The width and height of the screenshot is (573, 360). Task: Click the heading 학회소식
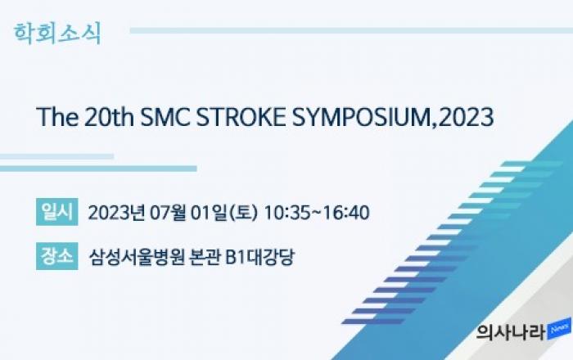click(x=57, y=34)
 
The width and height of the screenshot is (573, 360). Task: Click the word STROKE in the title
click(x=241, y=117)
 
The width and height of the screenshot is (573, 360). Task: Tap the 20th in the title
click(x=109, y=117)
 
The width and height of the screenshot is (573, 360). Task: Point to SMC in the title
click(x=165, y=117)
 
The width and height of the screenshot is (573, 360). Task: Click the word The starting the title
click(x=57, y=117)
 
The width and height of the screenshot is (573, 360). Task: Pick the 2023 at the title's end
click(x=466, y=117)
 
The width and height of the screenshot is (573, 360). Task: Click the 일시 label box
click(x=57, y=212)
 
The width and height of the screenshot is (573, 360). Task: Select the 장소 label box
click(x=57, y=256)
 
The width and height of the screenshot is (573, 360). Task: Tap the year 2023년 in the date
click(x=116, y=213)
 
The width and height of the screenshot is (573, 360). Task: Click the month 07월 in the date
click(x=168, y=213)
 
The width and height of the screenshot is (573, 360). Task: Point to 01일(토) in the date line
click(x=224, y=213)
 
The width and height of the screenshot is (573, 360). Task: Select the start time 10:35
click(x=286, y=213)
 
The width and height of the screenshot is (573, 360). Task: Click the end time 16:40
click(x=346, y=213)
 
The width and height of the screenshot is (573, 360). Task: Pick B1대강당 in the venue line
click(x=259, y=257)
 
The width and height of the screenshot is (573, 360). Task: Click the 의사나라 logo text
click(x=511, y=331)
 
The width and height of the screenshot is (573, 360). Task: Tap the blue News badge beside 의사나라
click(x=559, y=329)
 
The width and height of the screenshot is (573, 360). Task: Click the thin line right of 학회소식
click(x=351, y=30)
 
